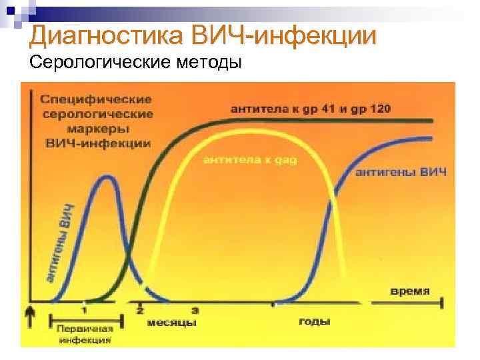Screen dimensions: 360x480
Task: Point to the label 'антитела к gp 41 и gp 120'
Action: click(x=311, y=109)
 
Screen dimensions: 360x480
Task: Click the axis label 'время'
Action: click(x=409, y=291)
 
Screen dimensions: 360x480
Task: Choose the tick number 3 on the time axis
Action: click(x=195, y=310)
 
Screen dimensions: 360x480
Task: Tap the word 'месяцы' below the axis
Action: click(x=171, y=323)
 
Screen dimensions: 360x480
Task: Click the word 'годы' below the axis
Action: click(x=314, y=321)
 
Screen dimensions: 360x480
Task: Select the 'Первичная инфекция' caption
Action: click(x=85, y=333)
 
